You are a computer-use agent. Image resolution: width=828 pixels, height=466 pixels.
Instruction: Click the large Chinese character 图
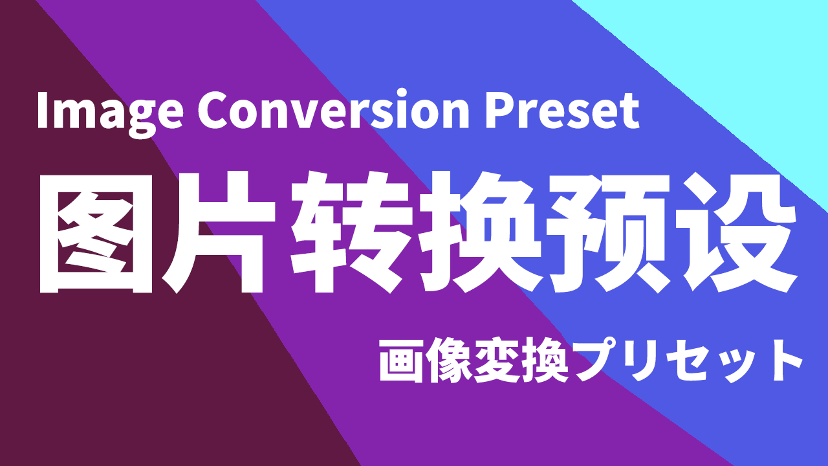96,233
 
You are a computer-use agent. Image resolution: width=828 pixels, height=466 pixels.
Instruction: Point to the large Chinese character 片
219,232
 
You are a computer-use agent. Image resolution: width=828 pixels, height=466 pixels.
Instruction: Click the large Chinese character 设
735,232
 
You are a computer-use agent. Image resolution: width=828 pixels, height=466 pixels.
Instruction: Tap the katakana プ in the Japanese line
596,359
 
